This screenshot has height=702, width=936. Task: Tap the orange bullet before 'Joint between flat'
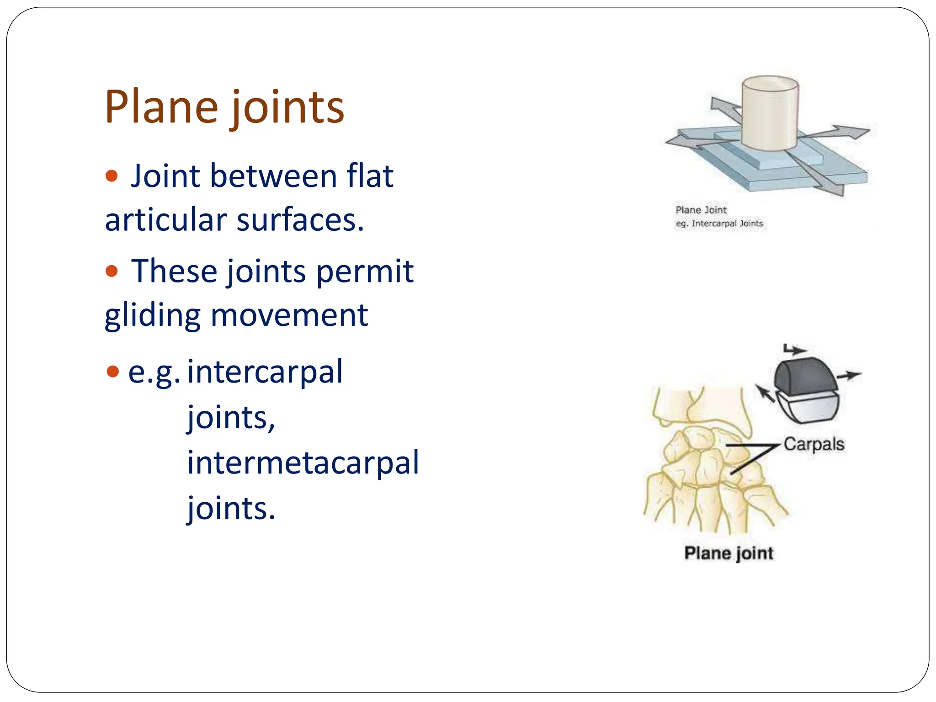point(112,176)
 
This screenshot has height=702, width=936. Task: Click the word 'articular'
point(166,220)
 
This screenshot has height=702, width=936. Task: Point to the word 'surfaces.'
point(300,220)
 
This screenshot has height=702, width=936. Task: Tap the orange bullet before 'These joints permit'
point(112,271)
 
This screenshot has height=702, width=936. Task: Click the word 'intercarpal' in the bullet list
point(265,372)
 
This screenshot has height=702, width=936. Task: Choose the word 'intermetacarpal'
point(303,463)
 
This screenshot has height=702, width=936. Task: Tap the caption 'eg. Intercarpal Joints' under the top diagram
point(719,223)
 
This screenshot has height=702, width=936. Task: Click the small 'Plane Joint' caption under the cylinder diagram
point(701,210)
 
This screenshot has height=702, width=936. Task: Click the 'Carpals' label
point(814,444)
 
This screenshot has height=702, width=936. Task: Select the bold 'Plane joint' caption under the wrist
point(729,553)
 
